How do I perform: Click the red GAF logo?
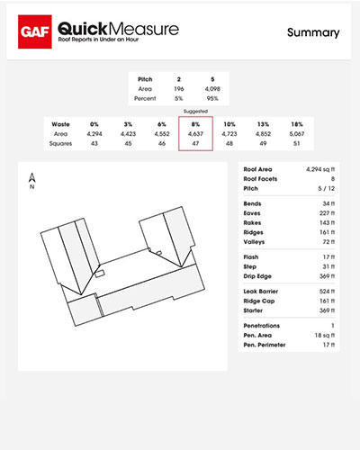(36, 32)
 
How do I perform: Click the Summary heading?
(313, 32)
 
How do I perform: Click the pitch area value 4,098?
(211, 88)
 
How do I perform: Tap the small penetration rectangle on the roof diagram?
(102, 273)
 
